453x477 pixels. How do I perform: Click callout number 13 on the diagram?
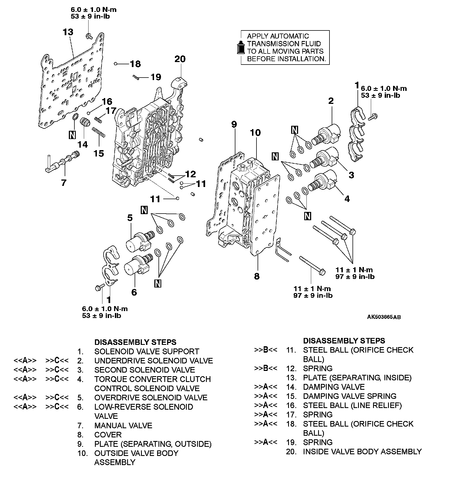pos(67,32)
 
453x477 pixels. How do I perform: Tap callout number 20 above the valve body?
pos(180,59)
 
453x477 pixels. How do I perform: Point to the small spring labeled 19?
pos(136,77)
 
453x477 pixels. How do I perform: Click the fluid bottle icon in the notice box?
pos(240,47)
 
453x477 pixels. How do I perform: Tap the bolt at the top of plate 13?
pos(89,36)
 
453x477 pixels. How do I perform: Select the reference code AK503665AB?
pos(384,317)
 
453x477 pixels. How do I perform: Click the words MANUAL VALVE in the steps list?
pos(123,425)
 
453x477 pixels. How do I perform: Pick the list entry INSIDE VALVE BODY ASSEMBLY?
pos(362,452)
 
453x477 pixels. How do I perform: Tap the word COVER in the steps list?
pos(108,435)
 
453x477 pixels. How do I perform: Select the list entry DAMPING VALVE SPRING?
pos(349,396)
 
